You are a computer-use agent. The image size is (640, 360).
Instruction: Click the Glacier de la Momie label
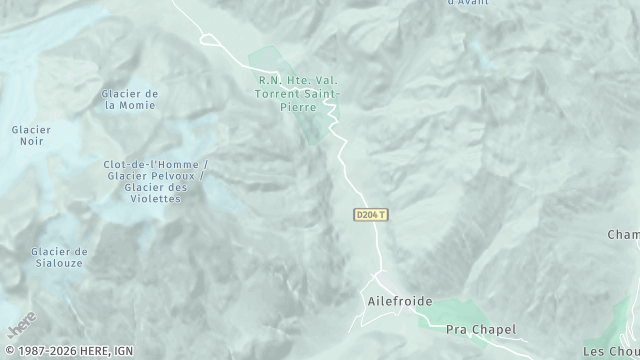click(130, 99)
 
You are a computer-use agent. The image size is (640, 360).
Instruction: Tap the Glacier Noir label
click(31, 135)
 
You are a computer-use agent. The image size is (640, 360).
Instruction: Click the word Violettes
click(156, 198)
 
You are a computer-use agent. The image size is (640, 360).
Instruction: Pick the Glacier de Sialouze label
click(59, 257)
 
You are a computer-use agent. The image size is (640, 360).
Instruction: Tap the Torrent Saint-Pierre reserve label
click(299, 92)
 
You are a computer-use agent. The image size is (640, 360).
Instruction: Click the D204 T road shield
click(371, 215)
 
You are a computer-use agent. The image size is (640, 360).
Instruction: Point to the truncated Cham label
click(623, 235)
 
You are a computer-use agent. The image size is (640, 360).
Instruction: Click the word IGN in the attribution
click(123, 351)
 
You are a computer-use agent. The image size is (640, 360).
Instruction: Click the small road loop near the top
click(209, 41)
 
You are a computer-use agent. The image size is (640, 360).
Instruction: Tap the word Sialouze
click(59, 263)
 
